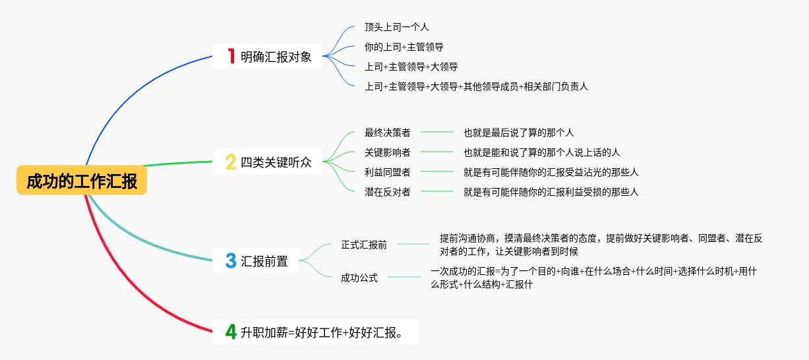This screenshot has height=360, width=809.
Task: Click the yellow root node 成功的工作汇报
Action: click(x=82, y=180)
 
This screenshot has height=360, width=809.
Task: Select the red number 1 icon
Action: click(x=231, y=56)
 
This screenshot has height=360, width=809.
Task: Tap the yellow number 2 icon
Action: click(x=231, y=162)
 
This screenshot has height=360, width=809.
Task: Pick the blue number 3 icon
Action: click(x=231, y=260)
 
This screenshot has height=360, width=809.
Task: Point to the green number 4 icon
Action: click(x=231, y=332)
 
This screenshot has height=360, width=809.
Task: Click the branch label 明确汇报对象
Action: click(x=276, y=57)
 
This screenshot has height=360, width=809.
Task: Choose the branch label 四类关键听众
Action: click(x=276, y=162)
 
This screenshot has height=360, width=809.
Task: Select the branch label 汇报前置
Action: click(x=264, y=261)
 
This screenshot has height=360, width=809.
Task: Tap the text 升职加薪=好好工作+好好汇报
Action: click(x=322, y=332)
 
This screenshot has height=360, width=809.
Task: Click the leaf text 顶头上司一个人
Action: click(x=396, y=27)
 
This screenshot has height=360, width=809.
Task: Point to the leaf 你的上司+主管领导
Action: click(x=404, y=47)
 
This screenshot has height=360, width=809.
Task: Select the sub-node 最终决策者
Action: click(x=388, y=133)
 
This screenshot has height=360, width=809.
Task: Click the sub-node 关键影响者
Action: click(x=388, y=152)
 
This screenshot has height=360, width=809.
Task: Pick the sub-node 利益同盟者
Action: click(x=388, y=172)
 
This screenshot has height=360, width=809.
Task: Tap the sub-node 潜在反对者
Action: click(x=388, y=192)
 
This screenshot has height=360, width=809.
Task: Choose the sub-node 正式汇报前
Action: click(x=364, y=245)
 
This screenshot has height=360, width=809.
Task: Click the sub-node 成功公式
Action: click(x=359, y=278)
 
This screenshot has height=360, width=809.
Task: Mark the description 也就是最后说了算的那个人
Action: click(x=519, y=133)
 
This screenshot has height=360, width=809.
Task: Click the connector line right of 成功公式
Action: click(x=404, y=277)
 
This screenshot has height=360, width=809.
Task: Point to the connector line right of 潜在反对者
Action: click(x=437, y=191)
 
